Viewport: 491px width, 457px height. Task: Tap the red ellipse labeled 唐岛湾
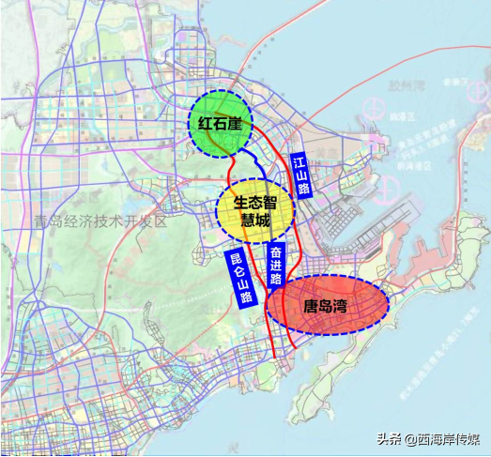pyautogui.click(x=327, y=307)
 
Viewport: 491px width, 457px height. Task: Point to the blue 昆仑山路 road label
pyautogui.click(x=241, y=277)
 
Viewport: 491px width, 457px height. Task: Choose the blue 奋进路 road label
pyautogui.click(x=276, y=266)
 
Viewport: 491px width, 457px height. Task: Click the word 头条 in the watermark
pyautogui.click(x=390, y=438)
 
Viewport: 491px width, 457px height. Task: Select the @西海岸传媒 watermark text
pyautogui.click(x=441, y=438)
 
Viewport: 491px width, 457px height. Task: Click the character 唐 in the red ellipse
pyautogui.click(x=310, y=307)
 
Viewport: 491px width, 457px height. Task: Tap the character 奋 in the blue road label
pyautogui.click(x=276, y=251)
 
